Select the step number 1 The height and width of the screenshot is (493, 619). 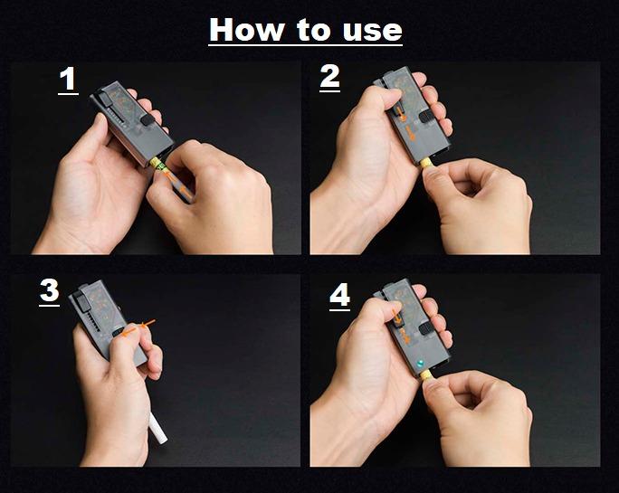(68, 80)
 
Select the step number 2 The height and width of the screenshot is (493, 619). (330, 77)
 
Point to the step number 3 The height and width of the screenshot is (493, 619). (50, 290)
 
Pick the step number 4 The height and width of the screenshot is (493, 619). (339, 295)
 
